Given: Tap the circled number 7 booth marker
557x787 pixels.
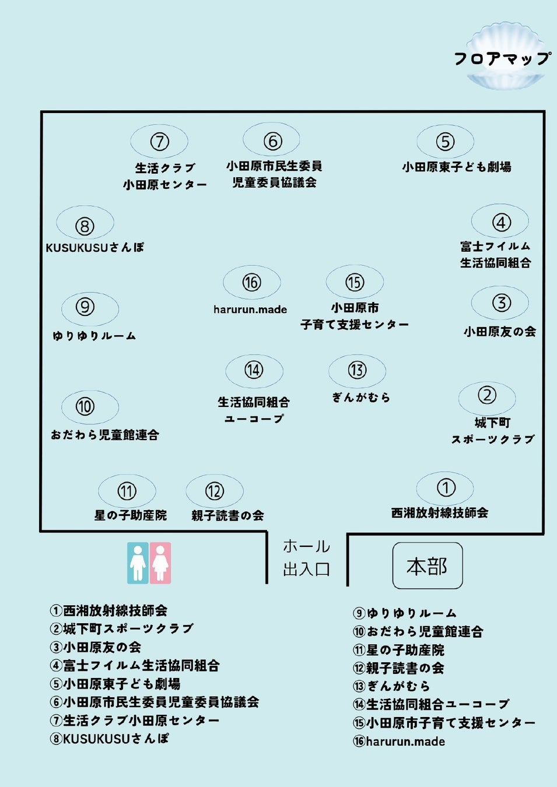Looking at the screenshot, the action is (160, 142).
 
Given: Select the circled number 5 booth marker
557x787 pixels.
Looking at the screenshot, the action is (445, 142).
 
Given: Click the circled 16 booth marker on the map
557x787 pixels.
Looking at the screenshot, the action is (251, 283).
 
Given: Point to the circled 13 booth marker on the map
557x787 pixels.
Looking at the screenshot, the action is (357, 370).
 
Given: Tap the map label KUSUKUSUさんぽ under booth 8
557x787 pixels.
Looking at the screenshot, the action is (95, 248).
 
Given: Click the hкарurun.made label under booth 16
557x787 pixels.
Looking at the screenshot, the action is (250, 310).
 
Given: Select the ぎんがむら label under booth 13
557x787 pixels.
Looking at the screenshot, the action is (361, 398).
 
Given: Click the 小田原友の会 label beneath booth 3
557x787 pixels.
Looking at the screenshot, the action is (500, 331).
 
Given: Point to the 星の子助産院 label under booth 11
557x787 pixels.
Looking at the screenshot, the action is (131, 515).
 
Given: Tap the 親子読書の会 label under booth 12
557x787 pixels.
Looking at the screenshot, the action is (227, 515).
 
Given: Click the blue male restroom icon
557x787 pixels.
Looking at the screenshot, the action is (138, 563).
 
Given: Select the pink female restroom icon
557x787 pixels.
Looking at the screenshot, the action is (160, 563).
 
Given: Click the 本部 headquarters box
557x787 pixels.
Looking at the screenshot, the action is (428, 565).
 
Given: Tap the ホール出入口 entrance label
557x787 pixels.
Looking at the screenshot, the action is (306, 558).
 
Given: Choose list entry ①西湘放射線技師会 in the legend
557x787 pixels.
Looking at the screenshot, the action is (108, 610).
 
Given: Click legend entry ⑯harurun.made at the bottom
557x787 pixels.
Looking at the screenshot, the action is (399, 742).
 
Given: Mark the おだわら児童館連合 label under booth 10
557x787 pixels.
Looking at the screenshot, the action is (105, 435).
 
